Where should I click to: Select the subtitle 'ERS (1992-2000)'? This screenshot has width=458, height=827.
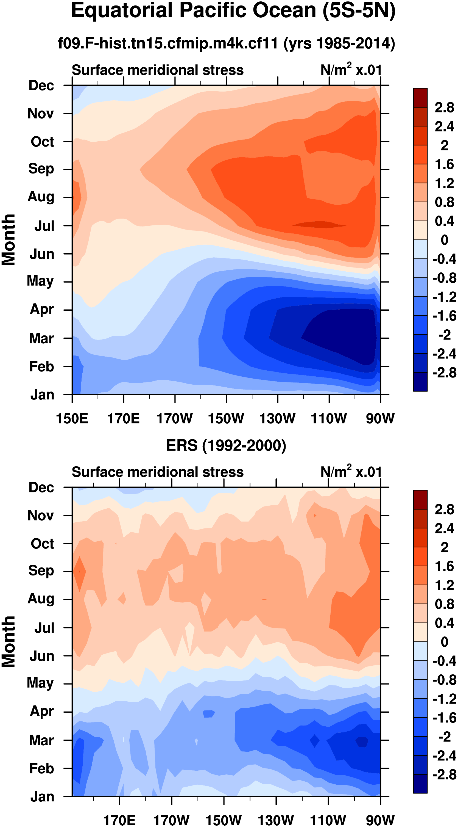pos(226,445)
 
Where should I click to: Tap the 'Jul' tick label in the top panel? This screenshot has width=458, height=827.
pos(44,226)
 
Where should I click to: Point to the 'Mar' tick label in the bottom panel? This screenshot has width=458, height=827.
pos(41,740)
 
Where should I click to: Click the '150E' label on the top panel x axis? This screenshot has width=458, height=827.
pos(72,419)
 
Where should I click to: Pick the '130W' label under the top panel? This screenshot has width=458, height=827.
pos(277,419)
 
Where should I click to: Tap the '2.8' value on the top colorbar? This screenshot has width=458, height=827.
pos(444,107)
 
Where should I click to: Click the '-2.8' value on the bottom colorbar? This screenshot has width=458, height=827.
pos(444,774)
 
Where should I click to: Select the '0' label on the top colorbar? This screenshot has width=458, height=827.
pos(444,240)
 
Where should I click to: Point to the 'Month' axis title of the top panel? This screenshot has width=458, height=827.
pos(9,240)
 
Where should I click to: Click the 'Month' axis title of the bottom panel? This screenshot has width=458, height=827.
pos(9,642)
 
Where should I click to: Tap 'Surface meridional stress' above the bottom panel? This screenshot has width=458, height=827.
pos(158,472)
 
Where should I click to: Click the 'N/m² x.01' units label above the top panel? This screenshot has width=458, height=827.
pos(351,70)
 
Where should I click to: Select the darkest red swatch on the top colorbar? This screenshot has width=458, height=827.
pos(420,98)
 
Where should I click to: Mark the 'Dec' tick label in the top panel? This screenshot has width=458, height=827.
pos(41,86)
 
